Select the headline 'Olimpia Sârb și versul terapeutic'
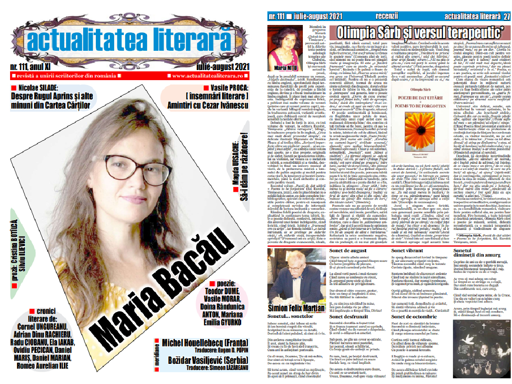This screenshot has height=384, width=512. [423, 32]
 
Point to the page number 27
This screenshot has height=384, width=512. [507, 17]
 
